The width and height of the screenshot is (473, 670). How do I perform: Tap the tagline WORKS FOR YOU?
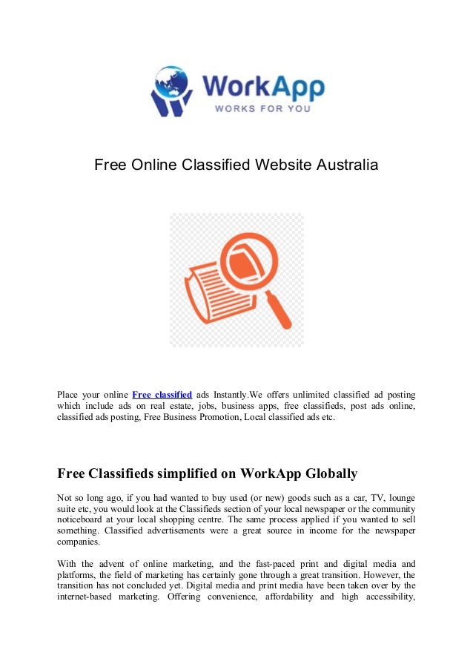pos(262,108)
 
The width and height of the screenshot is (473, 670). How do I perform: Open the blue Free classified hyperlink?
pos(162,394)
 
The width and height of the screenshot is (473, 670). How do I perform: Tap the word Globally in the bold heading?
pos(327,473)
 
